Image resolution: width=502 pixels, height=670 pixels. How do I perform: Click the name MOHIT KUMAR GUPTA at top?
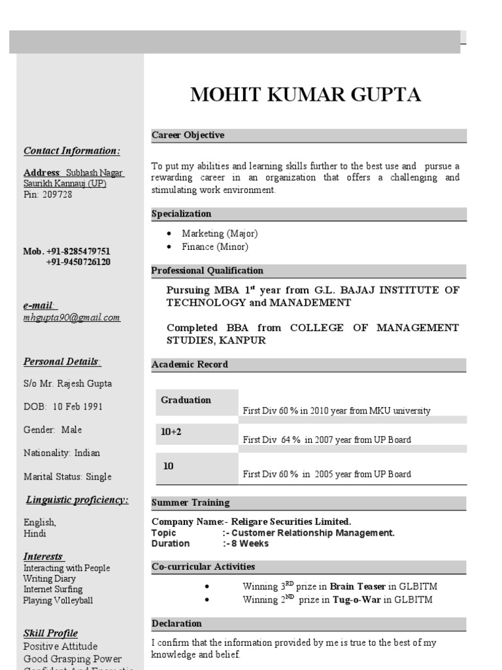(305, 96)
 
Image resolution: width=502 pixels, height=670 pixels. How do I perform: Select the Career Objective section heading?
(188, 135)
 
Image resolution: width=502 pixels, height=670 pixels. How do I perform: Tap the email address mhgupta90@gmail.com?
(72, 318)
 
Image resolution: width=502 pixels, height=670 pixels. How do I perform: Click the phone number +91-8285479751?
(78, 251)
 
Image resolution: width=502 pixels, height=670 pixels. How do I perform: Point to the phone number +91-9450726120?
(78, 262)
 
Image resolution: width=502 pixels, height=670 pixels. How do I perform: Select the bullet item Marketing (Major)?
(220, 234)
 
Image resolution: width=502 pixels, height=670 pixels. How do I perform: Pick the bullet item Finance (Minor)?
(215, 247)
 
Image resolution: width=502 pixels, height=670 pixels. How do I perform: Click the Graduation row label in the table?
(186, 400)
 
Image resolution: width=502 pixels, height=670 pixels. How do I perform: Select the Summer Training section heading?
(191, 503)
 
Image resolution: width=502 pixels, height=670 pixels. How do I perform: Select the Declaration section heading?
(176, 624)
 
